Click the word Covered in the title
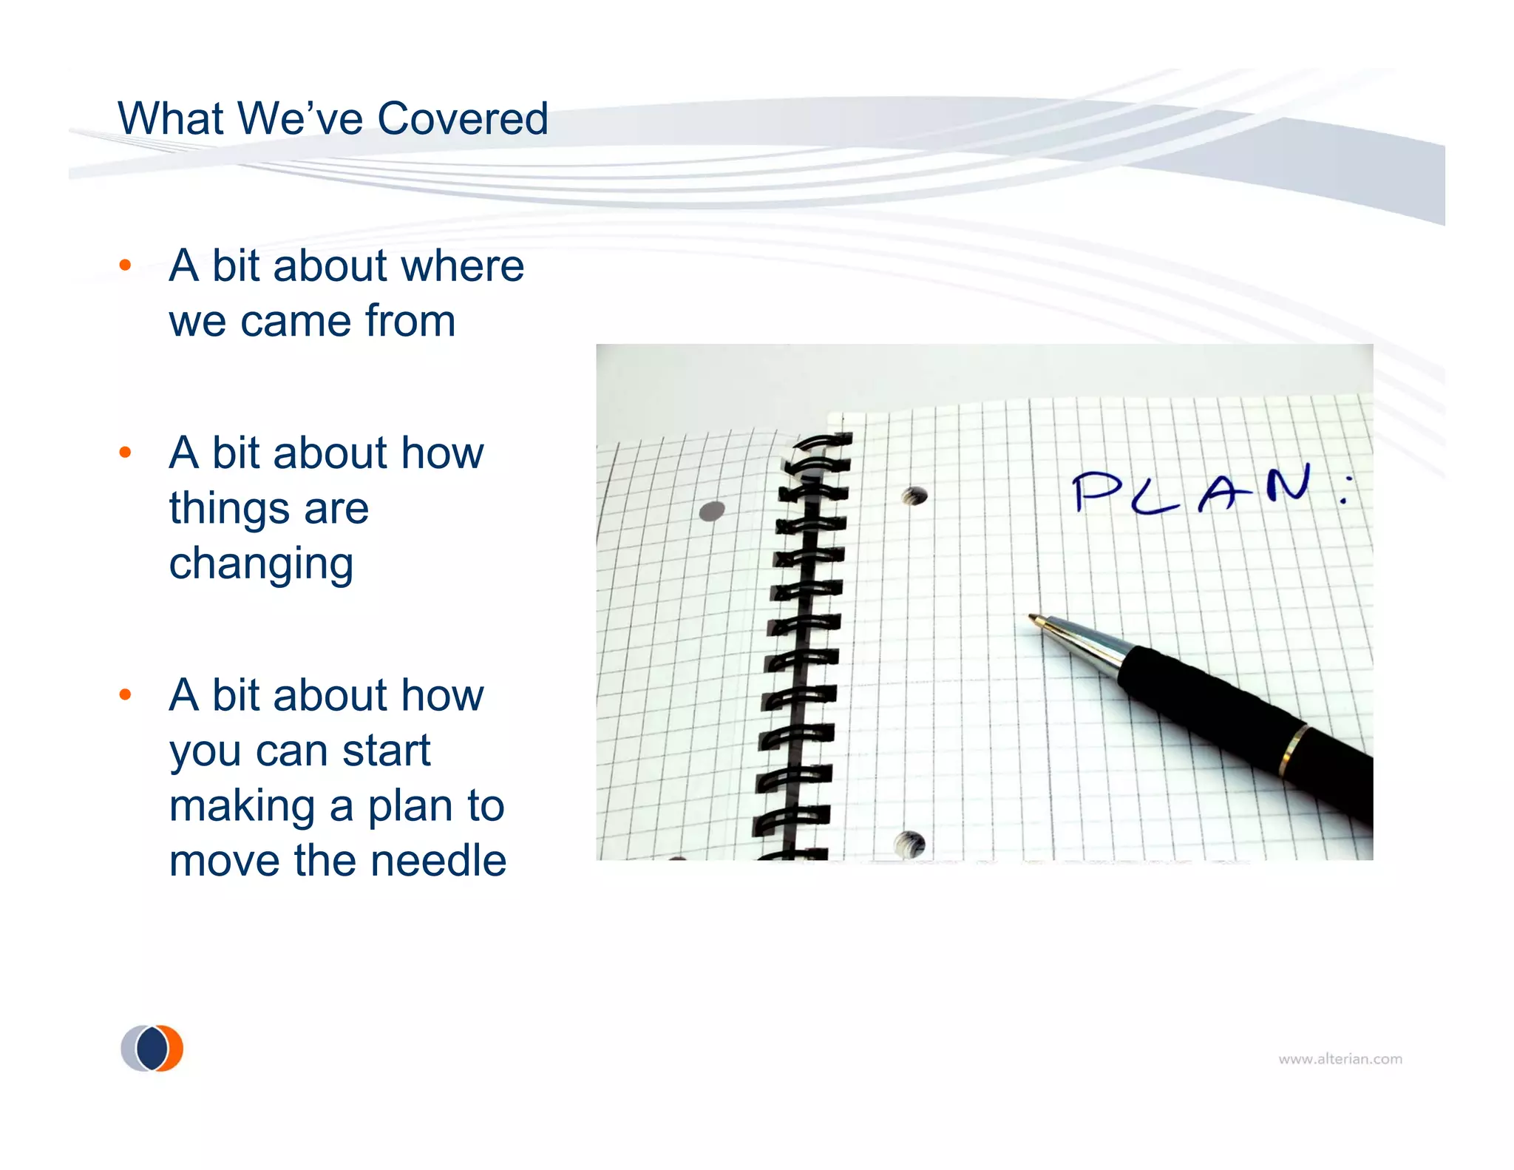point(463,118)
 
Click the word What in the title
point(170,118)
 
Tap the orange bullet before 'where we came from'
point(125,265)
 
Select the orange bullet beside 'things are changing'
point(125,452)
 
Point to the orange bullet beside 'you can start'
point(125,694)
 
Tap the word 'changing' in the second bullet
point(261,565)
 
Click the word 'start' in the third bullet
point(386,751)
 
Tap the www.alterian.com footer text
point(1340,1059)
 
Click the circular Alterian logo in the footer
point(152,1048)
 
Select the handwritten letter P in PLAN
point(1097,491)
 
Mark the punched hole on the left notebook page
point(712,510)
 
